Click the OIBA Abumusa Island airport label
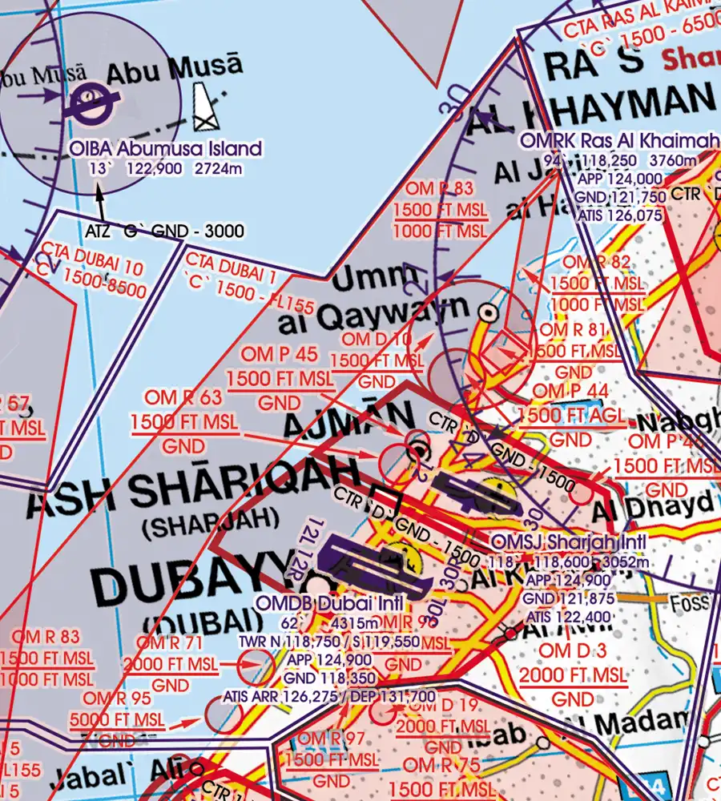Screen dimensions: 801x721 pos(166,148)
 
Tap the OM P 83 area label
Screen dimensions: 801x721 pos(440,190)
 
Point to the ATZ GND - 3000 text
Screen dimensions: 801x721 pos(164,231)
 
